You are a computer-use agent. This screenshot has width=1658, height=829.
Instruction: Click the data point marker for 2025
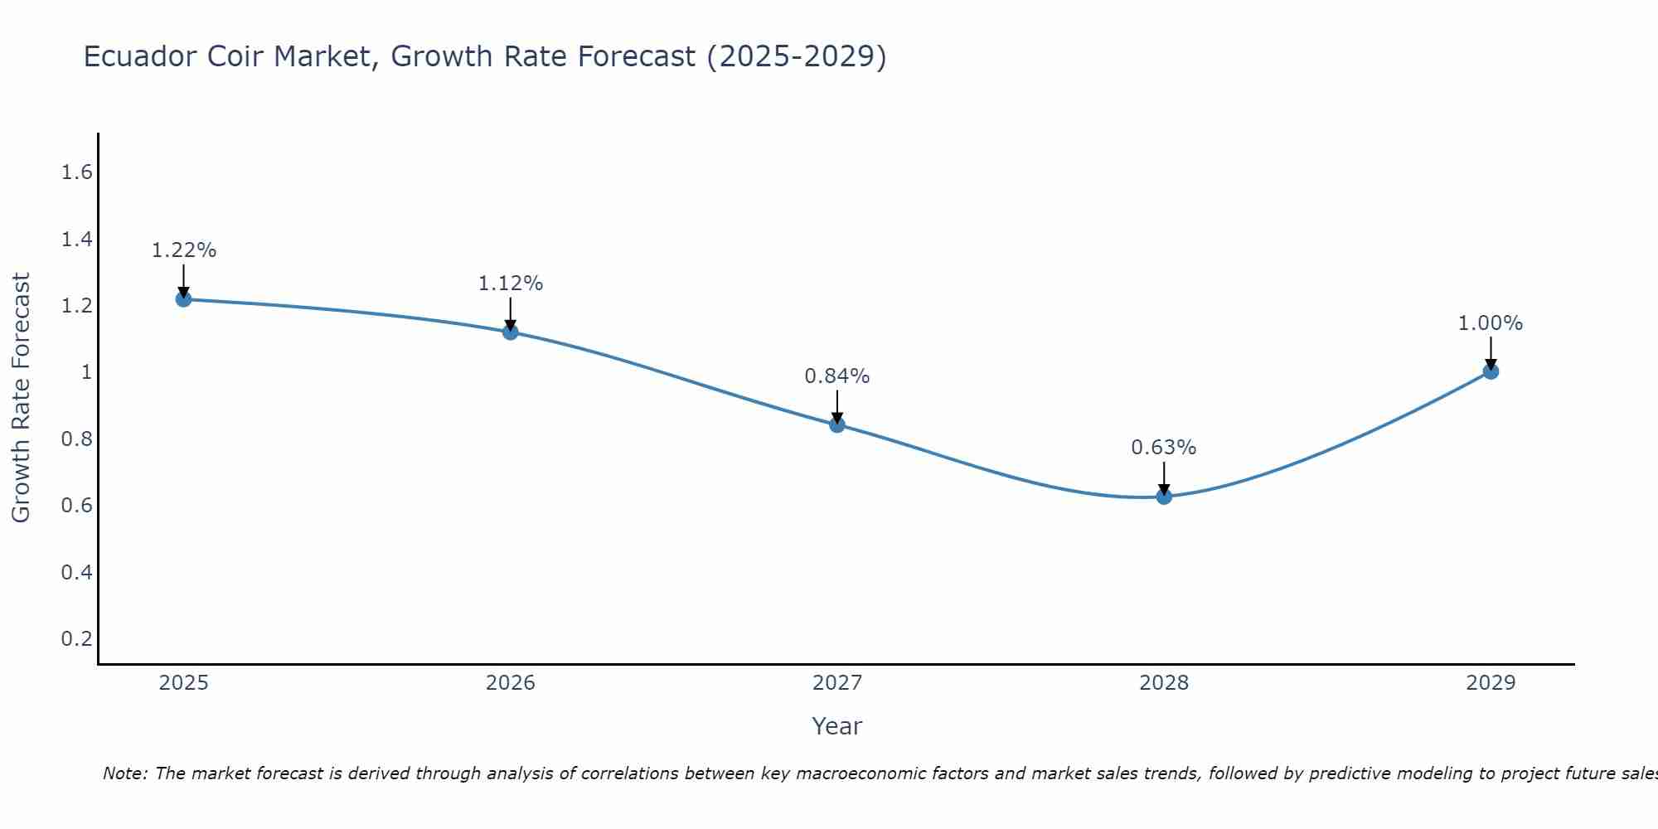(184, 299)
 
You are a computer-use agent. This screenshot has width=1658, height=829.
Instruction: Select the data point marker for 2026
(511, 332)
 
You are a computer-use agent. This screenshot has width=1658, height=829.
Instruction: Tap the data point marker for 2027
(837, 425)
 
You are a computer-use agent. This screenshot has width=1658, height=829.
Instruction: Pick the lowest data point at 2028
(1164, 497)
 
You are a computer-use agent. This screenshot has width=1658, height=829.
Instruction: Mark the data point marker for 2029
(1491, 371)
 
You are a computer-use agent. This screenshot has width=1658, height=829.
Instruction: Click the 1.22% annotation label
(184, 250)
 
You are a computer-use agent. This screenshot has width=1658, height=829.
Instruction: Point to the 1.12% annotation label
(511, 284)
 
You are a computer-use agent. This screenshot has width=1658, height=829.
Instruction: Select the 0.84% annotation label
(837, 376)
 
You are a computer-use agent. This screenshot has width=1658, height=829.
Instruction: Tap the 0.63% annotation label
(1164, 448)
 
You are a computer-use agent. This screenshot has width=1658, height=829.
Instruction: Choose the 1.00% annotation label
(1491, 323)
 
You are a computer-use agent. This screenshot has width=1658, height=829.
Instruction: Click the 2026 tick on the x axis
(511, 683)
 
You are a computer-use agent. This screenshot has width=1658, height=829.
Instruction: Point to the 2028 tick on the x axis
(1164, 683)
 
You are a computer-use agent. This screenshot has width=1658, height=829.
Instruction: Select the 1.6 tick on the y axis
(76, 172)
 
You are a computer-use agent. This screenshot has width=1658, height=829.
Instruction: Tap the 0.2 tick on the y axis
(76, 638)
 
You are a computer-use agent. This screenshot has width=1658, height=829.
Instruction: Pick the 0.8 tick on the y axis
(76, 439)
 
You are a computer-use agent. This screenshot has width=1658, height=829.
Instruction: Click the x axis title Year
(837, 726)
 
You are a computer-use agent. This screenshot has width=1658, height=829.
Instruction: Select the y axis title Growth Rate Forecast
(22, 398)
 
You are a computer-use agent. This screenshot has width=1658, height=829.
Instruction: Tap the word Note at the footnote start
(124, 773)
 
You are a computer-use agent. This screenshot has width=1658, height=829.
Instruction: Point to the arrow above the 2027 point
(837, 406)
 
